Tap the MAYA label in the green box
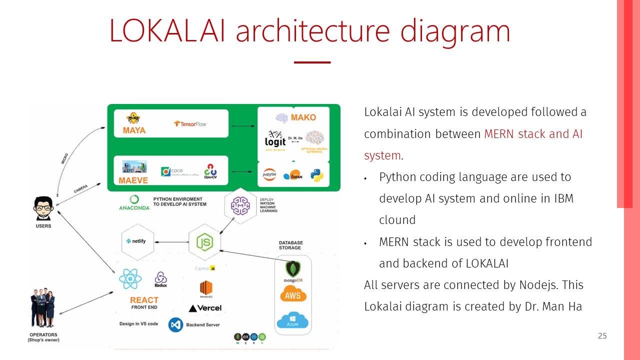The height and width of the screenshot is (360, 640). tap(134, 130)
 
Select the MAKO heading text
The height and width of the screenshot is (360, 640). tap(303, 117)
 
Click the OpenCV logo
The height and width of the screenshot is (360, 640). tap(210, 171)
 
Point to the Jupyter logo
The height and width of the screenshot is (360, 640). tap(269, 174)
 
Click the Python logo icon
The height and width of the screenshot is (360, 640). tap(316, 175)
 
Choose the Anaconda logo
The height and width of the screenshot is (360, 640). tap(134, 202)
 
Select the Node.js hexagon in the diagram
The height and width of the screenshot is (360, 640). tap(204, 242)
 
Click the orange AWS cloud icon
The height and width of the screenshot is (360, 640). tap(293, 295)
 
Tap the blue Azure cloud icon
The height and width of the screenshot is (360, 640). tap(292, 319)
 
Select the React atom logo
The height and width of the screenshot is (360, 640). tap(130, 279)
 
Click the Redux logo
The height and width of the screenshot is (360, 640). tap(160, 279)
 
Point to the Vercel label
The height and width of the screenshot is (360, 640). tap(205, 308)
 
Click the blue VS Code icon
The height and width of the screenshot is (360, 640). tap(175, 325)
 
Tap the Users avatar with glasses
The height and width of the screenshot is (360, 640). tap(42, 208)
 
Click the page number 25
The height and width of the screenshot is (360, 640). tap(602, 335)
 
